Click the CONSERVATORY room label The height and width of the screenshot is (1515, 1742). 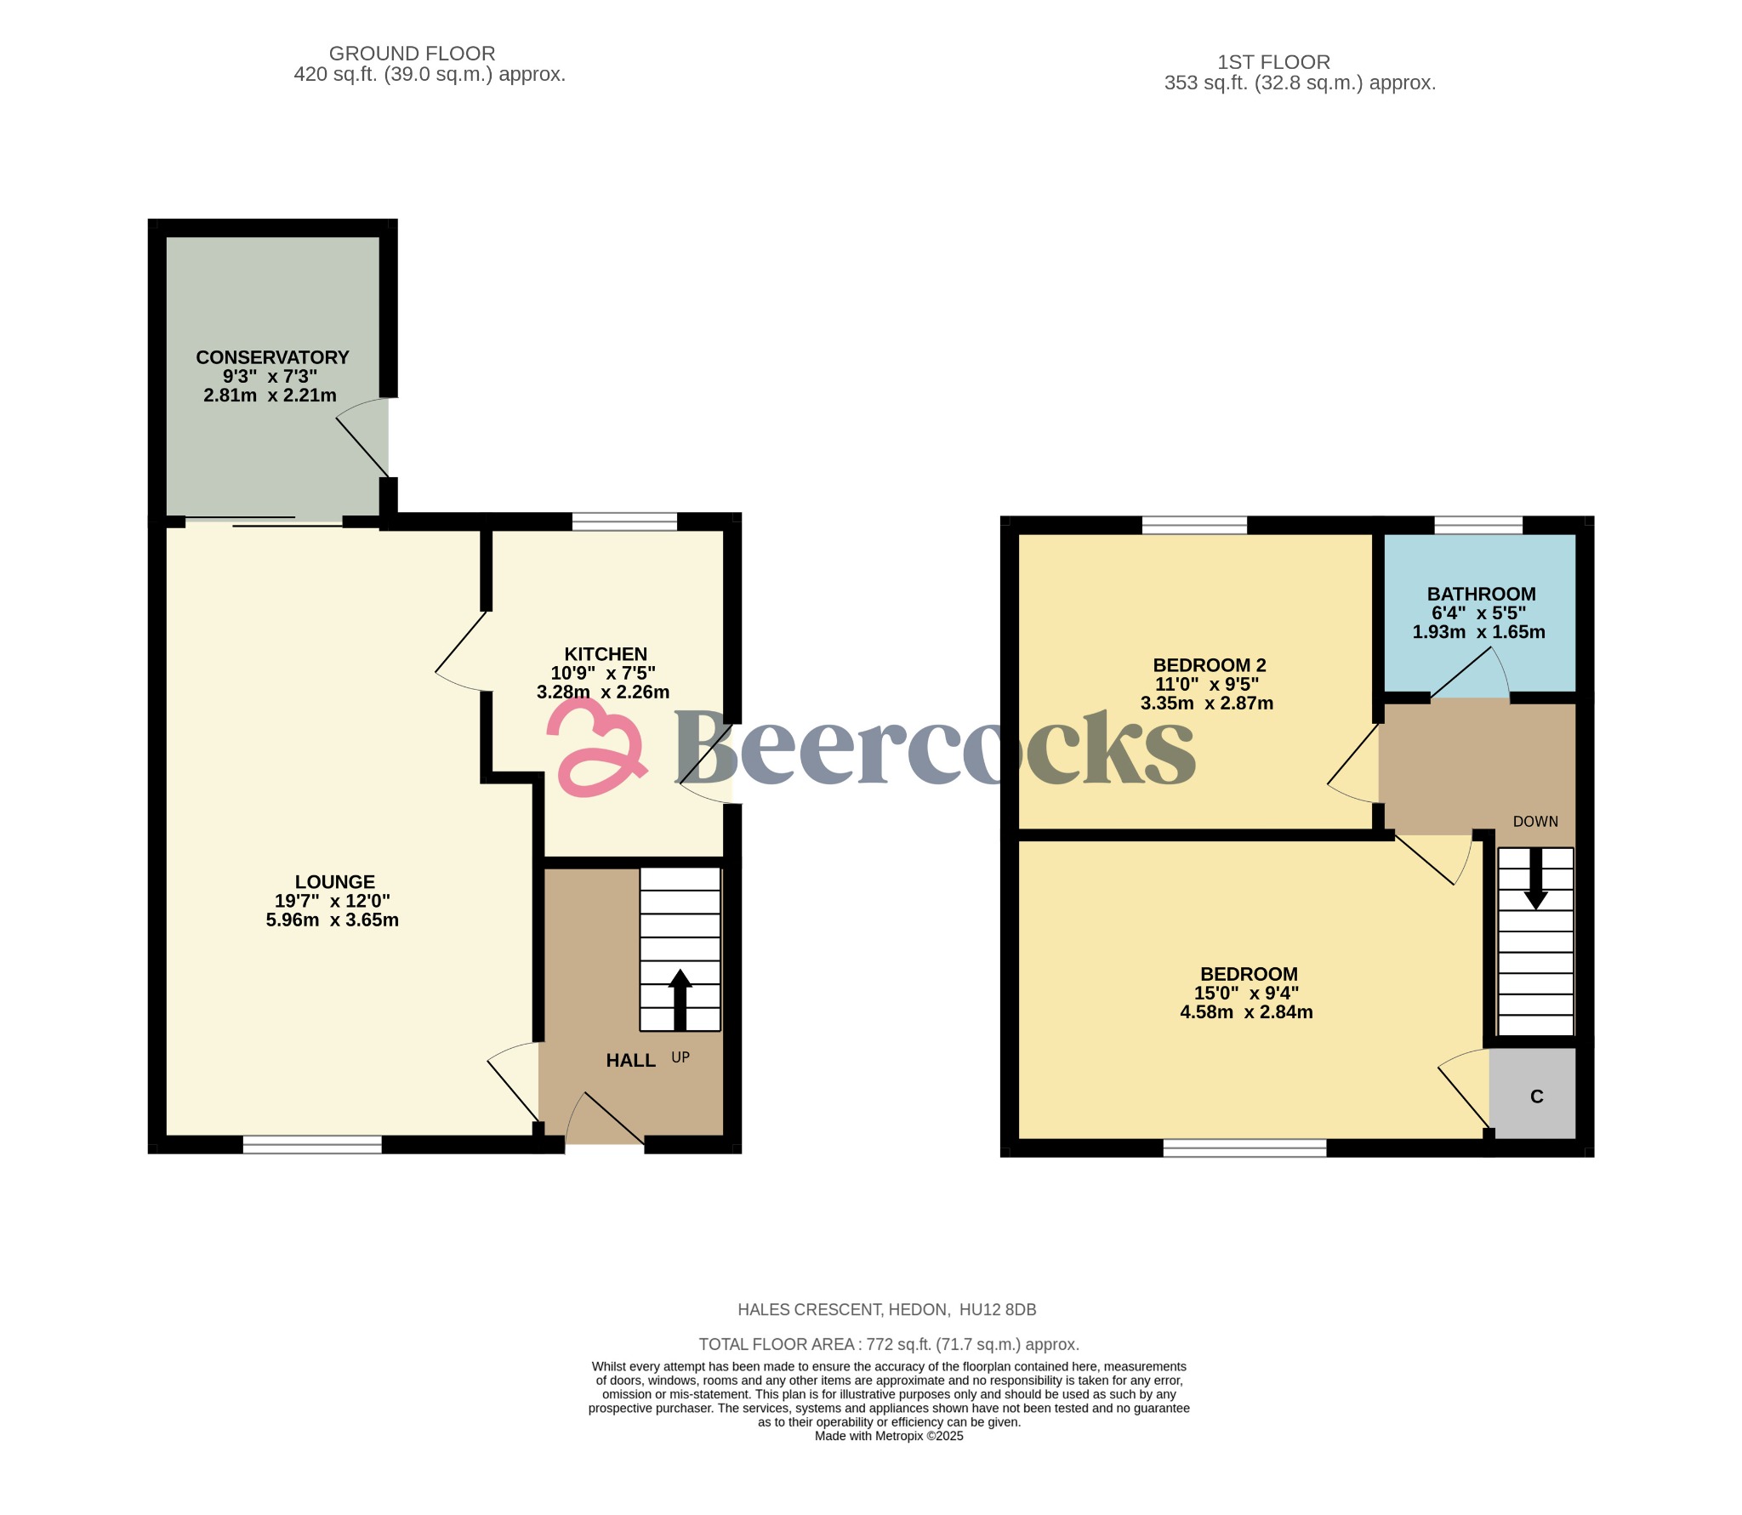[272, 357]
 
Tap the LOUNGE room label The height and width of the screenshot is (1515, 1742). [334, 882]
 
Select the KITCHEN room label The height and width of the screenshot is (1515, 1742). [606, 654]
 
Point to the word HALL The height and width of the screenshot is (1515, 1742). [630, 1061]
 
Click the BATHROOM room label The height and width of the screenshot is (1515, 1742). [1481, 595]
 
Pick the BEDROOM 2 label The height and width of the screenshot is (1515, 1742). [1209, 665]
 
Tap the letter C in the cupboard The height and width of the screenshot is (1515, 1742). [1536, 1096]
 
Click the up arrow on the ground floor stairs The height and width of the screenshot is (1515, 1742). [680, 999]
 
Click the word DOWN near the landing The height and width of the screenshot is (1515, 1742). [1535, 822]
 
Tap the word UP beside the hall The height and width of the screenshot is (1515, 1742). [680, 1057]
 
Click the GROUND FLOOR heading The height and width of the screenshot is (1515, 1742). [412, 54]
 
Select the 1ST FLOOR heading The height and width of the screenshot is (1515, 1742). [1273, 62]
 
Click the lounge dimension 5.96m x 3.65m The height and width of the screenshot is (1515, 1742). [332, 920]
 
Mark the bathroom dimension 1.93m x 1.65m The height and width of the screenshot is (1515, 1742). [1478, 632]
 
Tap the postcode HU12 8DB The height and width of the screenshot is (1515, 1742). [998, 1310]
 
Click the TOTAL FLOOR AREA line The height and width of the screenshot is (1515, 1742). [888, 1345]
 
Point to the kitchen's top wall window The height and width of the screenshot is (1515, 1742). [624, 521]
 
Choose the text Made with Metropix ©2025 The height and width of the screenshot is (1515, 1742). [888, 1436]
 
